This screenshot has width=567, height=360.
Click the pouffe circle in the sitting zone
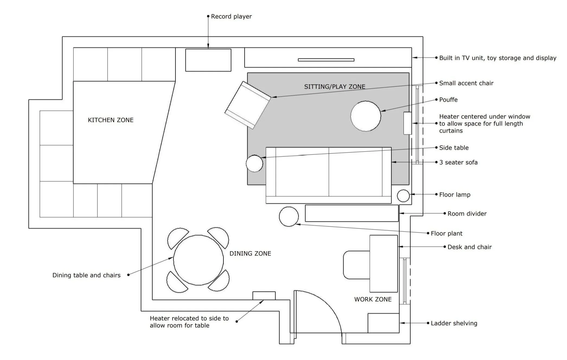coord(366,116)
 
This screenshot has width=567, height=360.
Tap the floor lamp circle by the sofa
coord(403,196)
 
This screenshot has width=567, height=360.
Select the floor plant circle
coord(289,216)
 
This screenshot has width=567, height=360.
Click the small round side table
coord(254,163)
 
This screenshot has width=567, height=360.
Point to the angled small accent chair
coord(248,105)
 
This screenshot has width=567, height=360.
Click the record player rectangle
coord(208,60)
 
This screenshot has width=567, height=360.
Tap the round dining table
coord(198,260)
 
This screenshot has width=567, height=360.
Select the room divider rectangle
coord(352,213)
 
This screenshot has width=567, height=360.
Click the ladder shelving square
coord(383,323)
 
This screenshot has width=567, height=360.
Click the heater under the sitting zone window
coord(407,123)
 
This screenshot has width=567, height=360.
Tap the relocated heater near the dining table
coord(264,295)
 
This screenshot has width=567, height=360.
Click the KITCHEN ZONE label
coord(111,120)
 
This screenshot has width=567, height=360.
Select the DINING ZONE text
coord(250,253)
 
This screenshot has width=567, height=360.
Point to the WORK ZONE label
coord(373,299)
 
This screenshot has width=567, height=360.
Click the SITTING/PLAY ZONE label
coord(335,87)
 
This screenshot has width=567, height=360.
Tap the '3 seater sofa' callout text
coord(458,162)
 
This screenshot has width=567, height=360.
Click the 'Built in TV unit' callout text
coord(498,58)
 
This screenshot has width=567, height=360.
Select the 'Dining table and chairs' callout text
coord(87,275)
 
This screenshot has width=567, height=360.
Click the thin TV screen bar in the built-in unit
coord(326,60)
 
